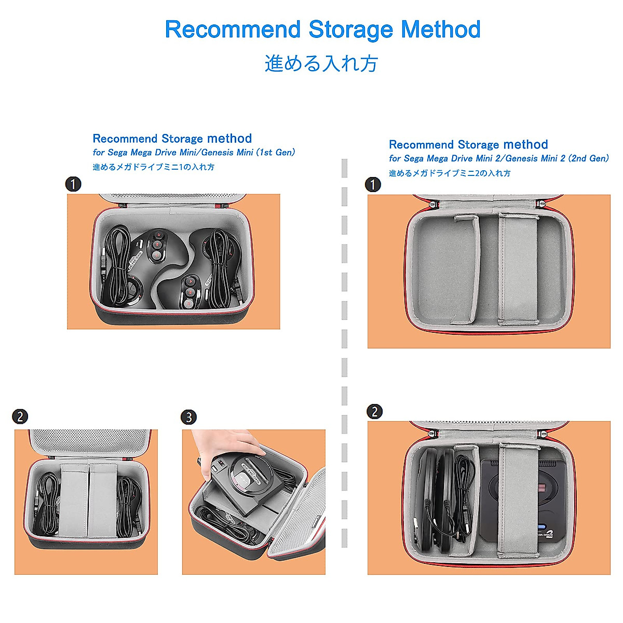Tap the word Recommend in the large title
click(233, 30)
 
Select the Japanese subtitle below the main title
click(321, 64)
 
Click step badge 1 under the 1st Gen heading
click(73, 184)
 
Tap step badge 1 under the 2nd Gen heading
click(373, 184)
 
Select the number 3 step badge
click(188, 417)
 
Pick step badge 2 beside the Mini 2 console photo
click(374, 412)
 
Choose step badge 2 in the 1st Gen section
click(20, 416)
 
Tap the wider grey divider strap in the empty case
click(517, 268)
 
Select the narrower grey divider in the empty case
click(465, 270)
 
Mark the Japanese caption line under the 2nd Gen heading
click(450, 173)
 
